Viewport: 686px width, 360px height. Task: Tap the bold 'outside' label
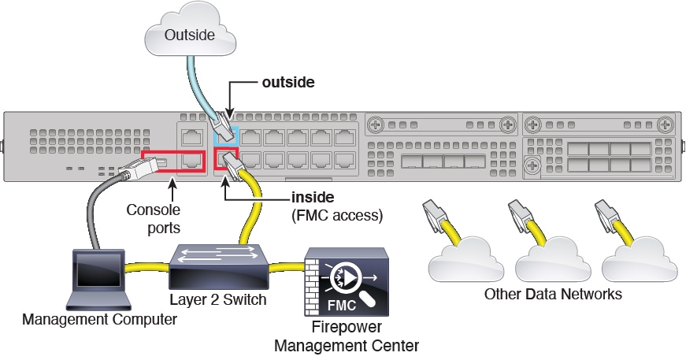[289, 81]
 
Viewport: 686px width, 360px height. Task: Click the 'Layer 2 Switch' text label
[219, 300]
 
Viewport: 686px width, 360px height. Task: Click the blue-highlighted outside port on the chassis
[227, 135]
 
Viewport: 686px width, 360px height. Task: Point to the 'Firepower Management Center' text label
[346, 337]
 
